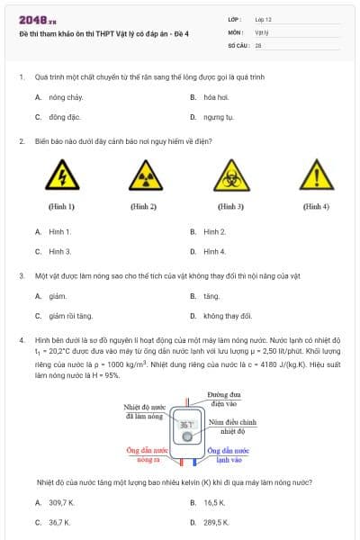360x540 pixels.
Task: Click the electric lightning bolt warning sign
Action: pos(61,175)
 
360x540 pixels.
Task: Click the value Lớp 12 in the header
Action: pos(263,19)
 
